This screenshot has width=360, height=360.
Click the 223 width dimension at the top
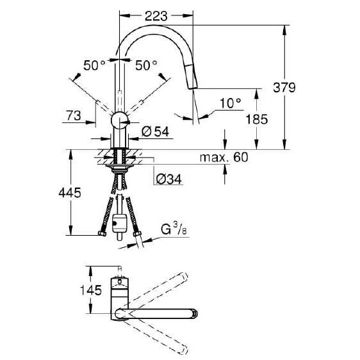pos(156,16)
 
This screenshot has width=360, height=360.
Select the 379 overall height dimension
pos(284,88)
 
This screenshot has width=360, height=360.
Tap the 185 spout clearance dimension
pos(257,119)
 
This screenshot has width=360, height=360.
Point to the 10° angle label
pos(231,103)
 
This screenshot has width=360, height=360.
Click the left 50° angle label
pos(94,65)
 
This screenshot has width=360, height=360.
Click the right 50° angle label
pos(146,65)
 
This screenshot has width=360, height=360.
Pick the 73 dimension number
pos(74,115)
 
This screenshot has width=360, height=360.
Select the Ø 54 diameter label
pos(156,131)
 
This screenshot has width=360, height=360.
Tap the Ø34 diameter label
pos(168,179)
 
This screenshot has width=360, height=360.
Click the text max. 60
pos(224,158)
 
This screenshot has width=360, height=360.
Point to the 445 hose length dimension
pos(70,192)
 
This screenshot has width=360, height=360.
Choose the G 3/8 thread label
pos(174,229)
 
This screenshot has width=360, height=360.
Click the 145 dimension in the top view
pos(90,290)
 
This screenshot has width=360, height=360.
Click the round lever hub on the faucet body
pos(119,120)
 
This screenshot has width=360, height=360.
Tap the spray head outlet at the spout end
pos(193,86)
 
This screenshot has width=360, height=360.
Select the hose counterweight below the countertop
pos(119,224)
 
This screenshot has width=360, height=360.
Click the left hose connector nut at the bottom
pos(102,234)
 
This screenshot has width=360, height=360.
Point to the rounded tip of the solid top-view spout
pos(195,313)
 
